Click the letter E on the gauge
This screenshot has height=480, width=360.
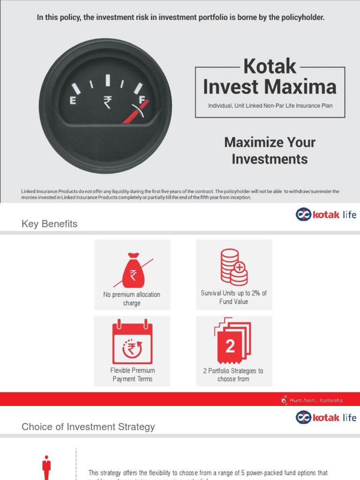point(73,100)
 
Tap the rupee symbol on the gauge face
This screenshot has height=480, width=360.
point(107,102)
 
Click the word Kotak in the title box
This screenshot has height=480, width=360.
point(270,67)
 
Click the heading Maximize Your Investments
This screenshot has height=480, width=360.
point(270,150)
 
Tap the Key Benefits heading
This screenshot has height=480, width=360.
point(49,224)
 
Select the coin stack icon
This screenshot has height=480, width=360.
point(233,267)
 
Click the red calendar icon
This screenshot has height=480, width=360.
point(132,341)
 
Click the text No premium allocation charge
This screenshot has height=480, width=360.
point(132,299)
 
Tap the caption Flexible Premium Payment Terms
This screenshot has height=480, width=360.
point(132,375)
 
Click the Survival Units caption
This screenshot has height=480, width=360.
point(233,297)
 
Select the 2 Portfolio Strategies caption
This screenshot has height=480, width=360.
point(233,375)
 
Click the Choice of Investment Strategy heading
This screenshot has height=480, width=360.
point(88,427)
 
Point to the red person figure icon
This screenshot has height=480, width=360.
point(46,466)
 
